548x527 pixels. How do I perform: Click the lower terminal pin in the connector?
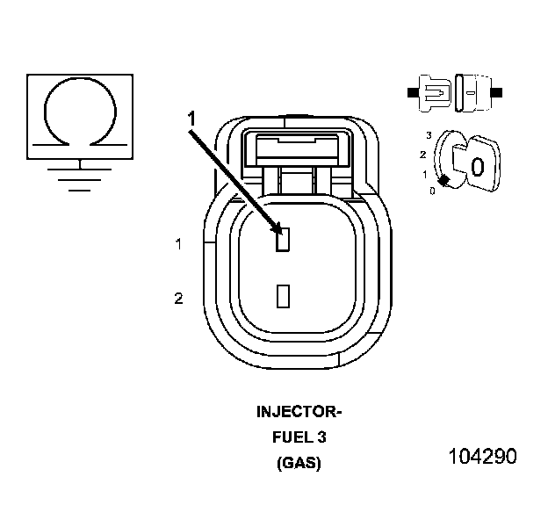[282, 295]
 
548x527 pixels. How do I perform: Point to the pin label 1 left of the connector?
[178, 244]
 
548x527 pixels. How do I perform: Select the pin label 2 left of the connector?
[178, 300]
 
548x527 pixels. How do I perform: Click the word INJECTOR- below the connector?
[299, 412]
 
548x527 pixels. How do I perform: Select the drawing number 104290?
[481, 457]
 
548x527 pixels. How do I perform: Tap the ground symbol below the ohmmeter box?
[80, 176]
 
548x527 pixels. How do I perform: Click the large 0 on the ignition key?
[477, 166]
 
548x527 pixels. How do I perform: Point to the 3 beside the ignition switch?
[428, 135]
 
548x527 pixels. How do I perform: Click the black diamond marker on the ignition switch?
[445, 180]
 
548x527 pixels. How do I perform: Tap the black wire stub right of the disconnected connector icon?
[498, 91]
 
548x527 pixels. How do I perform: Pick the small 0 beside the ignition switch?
[432, 190]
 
